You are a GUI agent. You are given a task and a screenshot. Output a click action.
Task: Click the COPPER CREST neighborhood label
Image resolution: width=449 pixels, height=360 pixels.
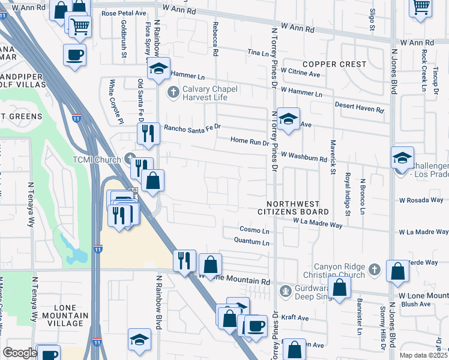[334, 64]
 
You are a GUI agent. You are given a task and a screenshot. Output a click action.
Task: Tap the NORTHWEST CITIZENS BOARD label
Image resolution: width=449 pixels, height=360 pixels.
[293, 208]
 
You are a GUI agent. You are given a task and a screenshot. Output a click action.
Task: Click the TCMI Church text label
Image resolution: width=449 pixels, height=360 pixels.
[98, 159]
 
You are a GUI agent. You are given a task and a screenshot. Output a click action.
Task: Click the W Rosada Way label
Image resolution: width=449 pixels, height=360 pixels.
[421, 200]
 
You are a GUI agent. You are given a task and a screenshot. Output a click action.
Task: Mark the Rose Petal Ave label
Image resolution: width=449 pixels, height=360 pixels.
[124, 13]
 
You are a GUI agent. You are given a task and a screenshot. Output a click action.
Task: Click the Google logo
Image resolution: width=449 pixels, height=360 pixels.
[20, 353]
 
